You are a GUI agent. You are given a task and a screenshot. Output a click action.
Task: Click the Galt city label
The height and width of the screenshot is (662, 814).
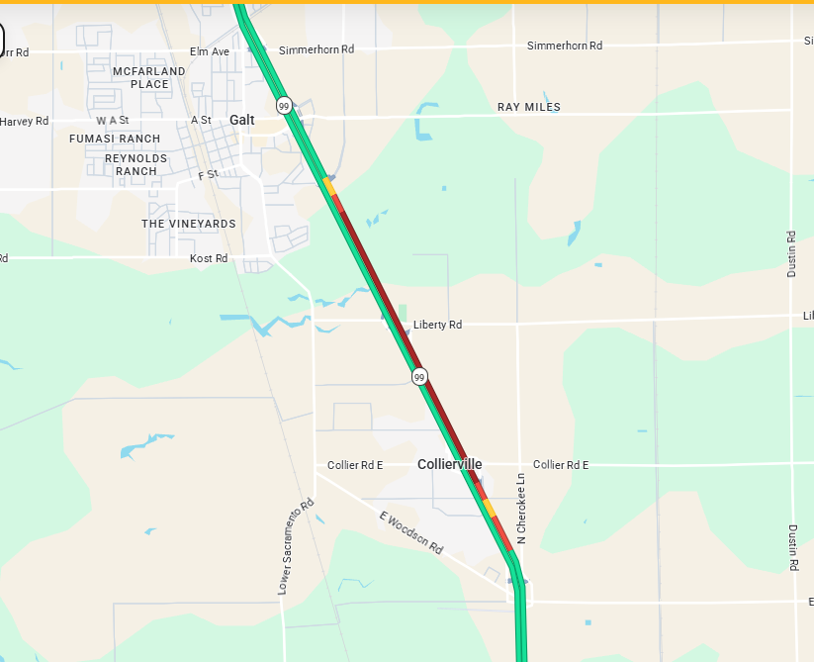[241, 120]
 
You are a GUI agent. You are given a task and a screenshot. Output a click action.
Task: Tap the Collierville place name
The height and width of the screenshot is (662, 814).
[449, 464]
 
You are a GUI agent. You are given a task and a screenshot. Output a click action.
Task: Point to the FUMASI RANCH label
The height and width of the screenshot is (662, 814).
[115, 139]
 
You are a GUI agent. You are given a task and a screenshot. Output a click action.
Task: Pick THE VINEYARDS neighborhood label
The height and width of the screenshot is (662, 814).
[189, 224]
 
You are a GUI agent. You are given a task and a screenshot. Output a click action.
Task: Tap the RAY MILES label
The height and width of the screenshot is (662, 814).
[528, 107]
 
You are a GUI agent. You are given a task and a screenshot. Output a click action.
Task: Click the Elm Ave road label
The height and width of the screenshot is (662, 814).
[210, 51]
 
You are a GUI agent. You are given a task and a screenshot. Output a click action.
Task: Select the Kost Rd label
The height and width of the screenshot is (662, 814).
[209, 258]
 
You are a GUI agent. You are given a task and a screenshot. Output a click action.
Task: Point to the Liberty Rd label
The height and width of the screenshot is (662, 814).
[437, 325]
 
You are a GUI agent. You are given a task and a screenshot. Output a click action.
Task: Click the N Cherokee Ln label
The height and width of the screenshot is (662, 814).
[520, 507]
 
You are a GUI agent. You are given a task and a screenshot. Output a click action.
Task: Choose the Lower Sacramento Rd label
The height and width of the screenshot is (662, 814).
[295, 546]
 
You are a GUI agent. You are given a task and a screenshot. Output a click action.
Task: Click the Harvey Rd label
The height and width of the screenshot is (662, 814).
[24, 122]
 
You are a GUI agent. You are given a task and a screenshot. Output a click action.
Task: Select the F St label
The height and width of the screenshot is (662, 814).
[208, 175]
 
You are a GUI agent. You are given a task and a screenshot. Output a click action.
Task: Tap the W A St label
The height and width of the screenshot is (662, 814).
[113, 120]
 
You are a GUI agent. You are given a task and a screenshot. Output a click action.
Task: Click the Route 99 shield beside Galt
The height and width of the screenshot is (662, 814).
[284, 106]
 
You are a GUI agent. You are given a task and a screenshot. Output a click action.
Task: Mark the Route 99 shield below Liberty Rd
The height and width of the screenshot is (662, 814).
[420, 376]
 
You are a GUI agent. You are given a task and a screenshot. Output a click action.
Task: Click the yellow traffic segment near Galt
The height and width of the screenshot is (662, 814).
[328, 185]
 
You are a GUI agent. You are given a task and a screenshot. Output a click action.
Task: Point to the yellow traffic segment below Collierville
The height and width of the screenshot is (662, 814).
[490, 509]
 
